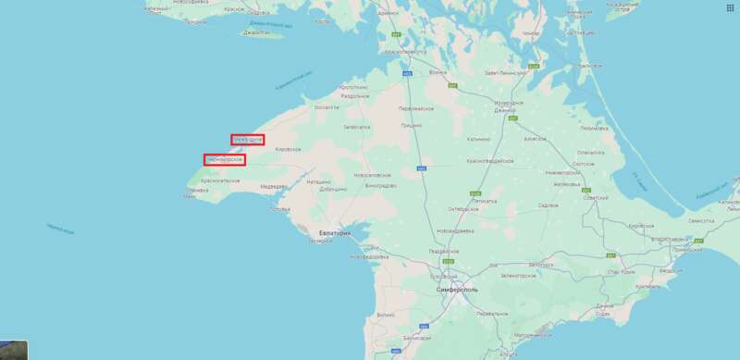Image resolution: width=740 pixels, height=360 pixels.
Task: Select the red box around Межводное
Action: coord(248,140)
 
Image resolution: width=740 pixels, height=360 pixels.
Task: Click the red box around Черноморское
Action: coord(225,159)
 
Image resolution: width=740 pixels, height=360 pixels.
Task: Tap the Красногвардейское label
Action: coord(484,159)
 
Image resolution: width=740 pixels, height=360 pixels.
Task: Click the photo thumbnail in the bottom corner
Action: coord(13,349)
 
